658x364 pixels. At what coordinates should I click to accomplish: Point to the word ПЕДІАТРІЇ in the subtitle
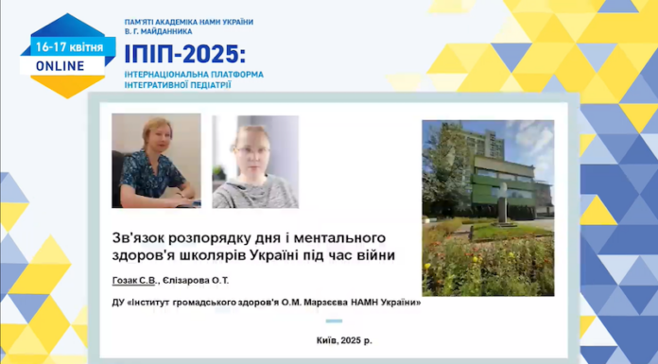tap(206, 84)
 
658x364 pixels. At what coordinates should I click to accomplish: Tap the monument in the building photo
tap(503, 202)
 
